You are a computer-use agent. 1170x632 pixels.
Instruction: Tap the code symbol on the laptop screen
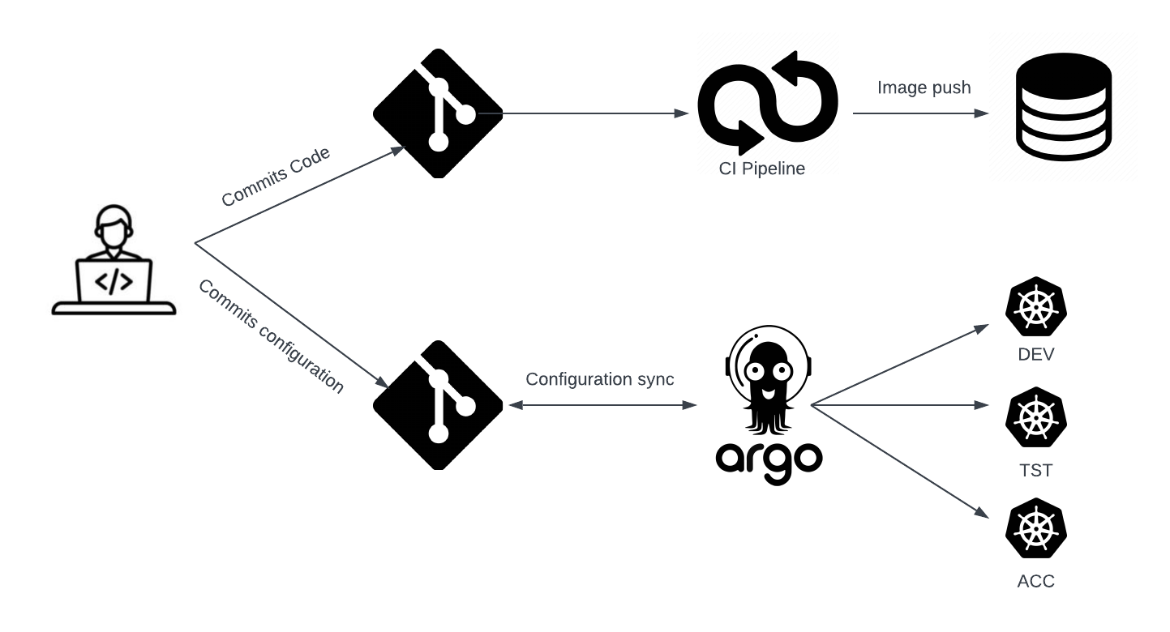(x=114, y=281)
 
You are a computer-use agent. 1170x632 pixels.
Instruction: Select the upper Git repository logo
(x=438, y=113)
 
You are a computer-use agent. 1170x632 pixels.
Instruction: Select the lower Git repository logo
(x=438, y=405)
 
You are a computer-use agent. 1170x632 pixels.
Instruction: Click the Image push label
(x=924, y=88)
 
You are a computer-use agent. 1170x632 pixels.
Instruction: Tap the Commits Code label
(x=276, y=177)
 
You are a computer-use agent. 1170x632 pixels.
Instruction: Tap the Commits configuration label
(x=271, y=336)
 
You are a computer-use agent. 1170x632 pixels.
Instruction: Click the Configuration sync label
(x=599, y=379)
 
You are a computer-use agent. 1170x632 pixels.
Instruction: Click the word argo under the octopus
(x=769, y=459)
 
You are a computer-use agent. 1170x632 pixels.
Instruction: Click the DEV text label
(x=1035, y=355)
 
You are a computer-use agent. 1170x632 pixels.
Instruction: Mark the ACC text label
(x=1035, y=582)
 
